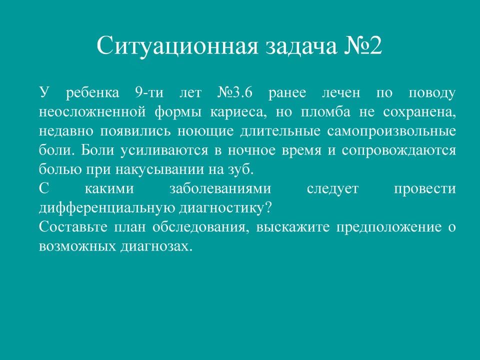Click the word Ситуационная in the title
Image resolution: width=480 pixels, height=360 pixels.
click(177, 45)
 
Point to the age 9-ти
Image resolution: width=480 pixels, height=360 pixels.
click(149, 92)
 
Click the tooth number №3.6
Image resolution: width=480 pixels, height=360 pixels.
click(235, 92)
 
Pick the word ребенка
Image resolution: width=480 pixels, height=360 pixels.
click(92, 92)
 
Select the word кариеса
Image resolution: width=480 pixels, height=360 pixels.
click(238, 111)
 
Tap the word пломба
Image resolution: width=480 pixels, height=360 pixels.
click(325, 111)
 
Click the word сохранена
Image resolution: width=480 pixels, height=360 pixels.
click(419, 112)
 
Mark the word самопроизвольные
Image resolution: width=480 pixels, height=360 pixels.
click(391, 131)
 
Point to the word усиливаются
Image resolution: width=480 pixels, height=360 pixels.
click(164, 150)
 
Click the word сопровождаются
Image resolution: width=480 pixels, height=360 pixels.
click(399, 150)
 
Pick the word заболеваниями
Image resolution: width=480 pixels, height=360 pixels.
click(220, 188)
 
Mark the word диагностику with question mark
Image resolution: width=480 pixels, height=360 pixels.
click(225, 208)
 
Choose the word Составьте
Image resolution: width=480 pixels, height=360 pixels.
click(73, 227)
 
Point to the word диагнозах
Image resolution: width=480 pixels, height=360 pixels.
click(156, 246)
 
